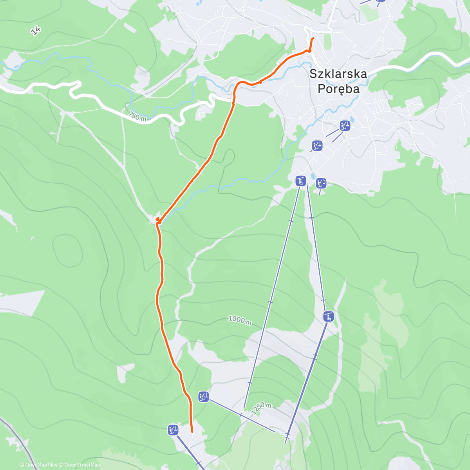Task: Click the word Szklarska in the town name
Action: pyautogui.click(x=338, y=74)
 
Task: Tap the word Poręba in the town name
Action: pyautogui.click(x=338, y=89)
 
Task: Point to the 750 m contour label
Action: pyautogui.click(x=137, y=117)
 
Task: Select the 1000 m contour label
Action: pyautogui.click(x=240, y=321)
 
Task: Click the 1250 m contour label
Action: pyautogui.click(x=262, y=408)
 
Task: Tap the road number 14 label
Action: pyautogui.click(x=36, y=31)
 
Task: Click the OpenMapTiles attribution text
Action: pyautogui.click(x=41, y=465)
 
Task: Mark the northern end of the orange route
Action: pyautogui.click(x=313, y=38)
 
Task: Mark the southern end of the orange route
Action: pyautogui.click(x=192, y=432)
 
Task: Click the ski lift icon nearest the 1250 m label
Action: pyautogui.click(x=203, y=397)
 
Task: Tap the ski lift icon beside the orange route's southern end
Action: pyautogui.click(x=173, y=430)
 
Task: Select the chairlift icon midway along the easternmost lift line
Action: pyautogui.click(x=329, y=316)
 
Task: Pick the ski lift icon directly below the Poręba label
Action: pyautogui.click(x=345, y=126)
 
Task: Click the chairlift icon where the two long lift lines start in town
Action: pyautogui.click(x=300, y=181)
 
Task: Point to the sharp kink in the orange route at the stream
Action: pyautogui.click(x=158, y=221)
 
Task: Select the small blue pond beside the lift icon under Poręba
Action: pyautogui.click(x=352, y=119)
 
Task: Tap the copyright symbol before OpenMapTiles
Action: pyautogui.click(x=22, y=465)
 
